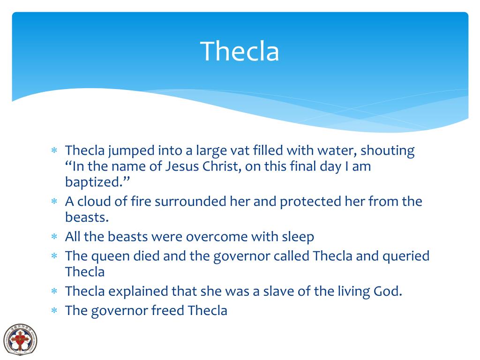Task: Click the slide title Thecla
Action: pos(240,51)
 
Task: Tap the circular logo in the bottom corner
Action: pos(20,338)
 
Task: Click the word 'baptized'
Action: pos(92,182)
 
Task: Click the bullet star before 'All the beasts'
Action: pos(54,237)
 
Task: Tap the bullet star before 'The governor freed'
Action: pos(54,311)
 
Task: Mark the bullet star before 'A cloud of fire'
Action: pos(54,202)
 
